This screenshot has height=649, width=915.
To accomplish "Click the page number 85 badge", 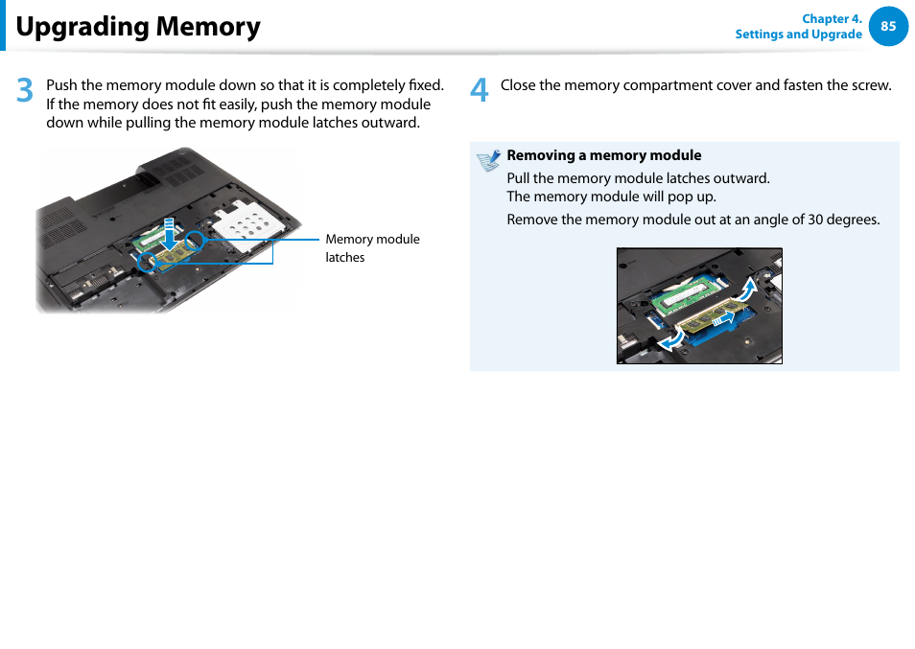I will (x=888, y=27).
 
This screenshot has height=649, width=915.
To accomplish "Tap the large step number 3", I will (x=25, y=91).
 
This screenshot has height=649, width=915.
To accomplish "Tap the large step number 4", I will (x=480, y=91).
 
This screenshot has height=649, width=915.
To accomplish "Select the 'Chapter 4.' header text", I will (x=832, y=18).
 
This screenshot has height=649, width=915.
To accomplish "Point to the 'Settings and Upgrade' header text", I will (x=798, y=35).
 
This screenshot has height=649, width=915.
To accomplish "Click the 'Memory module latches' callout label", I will (x=372, y=248).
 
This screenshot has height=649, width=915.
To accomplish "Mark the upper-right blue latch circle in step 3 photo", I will (x=195, y=240).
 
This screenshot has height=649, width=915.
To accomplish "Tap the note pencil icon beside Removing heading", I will (x=489, y=160).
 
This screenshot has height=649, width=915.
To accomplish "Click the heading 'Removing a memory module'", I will (x=603, y=155).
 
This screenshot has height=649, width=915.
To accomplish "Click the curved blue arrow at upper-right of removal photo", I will (x=749, y=288).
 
